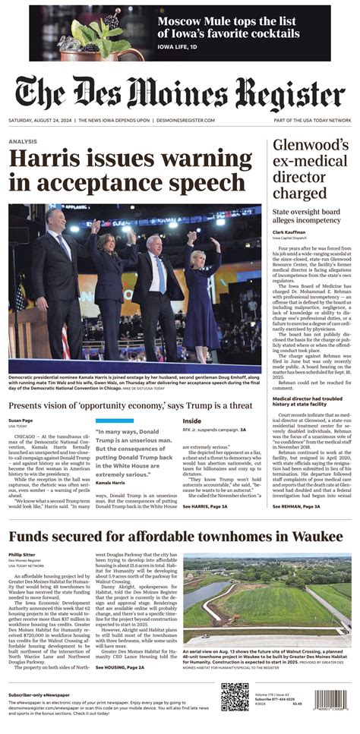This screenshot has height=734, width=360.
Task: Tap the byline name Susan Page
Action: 21,420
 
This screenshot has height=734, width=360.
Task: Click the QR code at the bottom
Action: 234,696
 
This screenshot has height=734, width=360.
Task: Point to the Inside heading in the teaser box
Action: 192,421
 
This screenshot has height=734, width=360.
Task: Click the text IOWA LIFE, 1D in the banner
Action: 178,46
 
